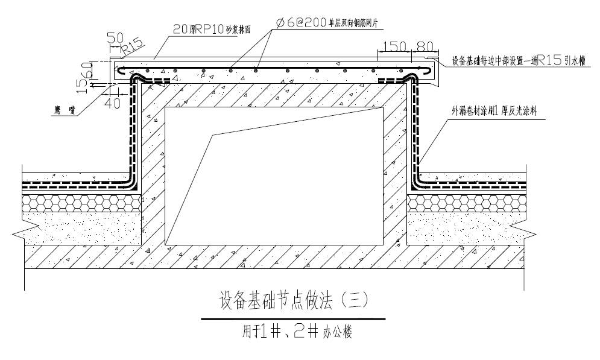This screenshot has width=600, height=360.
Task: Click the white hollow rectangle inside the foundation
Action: [274, 175]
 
